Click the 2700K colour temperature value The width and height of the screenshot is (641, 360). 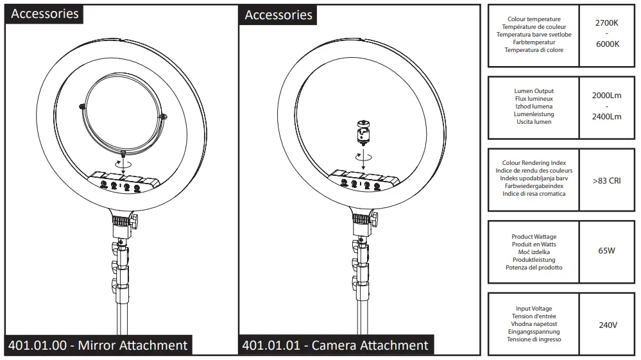coord(606,22)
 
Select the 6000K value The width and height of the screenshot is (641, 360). coord(606,44)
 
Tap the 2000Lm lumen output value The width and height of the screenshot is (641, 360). coord(606,96)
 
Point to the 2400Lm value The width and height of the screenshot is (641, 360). coord(606,117)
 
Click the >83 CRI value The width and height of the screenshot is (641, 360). coord(606,181)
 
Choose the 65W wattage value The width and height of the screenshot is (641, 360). coord(606,251)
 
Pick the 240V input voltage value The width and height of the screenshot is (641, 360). coord(608,325)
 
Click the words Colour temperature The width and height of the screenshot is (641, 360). coord(534,19)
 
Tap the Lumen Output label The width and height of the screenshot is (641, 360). coord(534,91)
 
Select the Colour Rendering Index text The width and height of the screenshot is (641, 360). coord(534,163)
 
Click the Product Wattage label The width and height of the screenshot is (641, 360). coord(534,237)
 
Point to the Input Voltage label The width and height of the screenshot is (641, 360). coord(534,309)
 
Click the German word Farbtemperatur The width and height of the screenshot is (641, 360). coord(534,42)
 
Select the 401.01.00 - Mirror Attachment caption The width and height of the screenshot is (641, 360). coord(98,345)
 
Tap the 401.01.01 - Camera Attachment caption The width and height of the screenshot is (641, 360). coord(335,345)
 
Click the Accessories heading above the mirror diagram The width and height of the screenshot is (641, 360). coord(45,14)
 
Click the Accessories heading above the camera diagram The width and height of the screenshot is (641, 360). coord(278,15)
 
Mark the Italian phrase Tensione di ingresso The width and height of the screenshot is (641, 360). coord(534,339)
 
